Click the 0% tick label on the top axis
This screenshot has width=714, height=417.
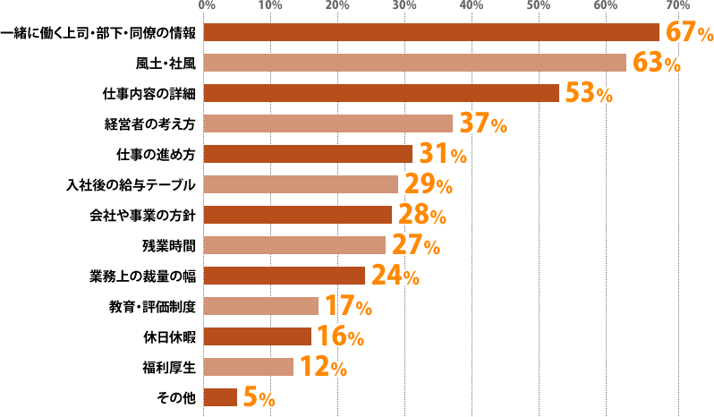207,5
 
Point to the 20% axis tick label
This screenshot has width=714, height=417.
337,5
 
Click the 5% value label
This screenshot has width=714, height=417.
258,396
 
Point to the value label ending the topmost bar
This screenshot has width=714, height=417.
688,32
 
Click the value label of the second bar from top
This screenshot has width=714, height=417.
657,63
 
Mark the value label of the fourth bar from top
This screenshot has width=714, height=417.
483,123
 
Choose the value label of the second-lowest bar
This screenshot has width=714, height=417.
322,366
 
